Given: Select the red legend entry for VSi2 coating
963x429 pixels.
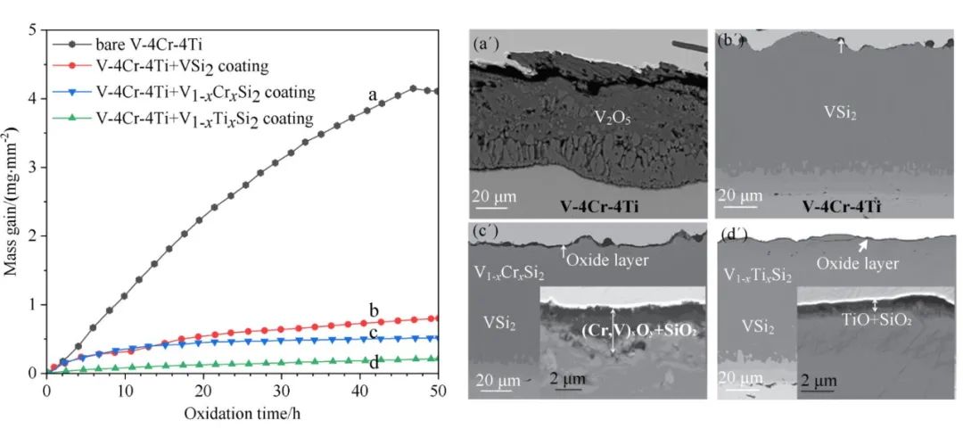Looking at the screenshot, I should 193,66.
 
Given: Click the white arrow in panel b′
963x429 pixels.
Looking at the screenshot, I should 839,45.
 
